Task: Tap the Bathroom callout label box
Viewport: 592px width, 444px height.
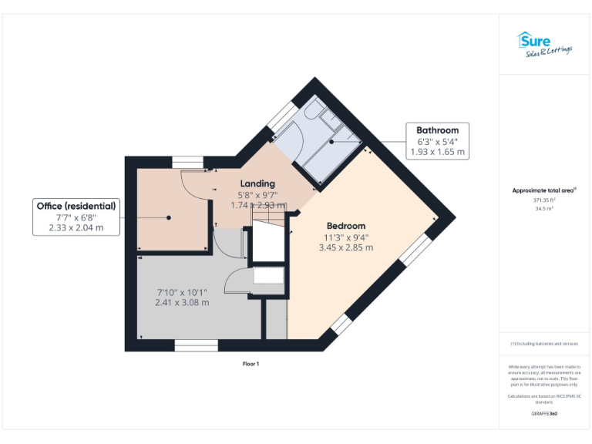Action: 437,141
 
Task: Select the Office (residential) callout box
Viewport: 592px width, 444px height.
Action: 76,217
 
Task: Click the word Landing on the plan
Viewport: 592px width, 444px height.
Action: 257,183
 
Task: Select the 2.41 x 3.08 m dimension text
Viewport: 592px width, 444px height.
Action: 182,302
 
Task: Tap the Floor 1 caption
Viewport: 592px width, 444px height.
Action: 251,364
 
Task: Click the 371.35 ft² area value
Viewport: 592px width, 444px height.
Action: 544,200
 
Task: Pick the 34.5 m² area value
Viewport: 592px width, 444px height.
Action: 544,208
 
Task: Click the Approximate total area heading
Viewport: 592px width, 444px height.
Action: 544,190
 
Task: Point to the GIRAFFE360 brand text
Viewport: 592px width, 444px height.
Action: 544,414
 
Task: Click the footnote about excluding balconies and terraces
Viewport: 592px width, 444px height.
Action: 544,344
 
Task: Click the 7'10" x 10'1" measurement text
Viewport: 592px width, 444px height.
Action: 182,292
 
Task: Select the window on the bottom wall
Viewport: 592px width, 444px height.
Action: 196,345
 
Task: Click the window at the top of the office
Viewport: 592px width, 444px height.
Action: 187,161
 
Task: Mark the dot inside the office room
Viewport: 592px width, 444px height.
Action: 169,217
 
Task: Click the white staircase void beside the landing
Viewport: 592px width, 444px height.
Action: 268,242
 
